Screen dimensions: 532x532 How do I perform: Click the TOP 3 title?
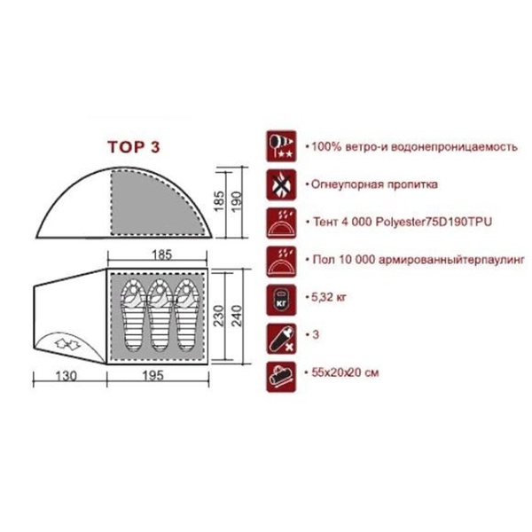134,147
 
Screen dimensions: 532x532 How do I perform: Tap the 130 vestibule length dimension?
66,376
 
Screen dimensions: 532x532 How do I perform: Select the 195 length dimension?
153,376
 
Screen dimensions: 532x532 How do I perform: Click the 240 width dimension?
237,316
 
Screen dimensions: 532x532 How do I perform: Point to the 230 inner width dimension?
219,316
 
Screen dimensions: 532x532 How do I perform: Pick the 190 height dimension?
237,201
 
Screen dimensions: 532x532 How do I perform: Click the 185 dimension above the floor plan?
162,254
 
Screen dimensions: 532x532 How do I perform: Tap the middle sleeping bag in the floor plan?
160,316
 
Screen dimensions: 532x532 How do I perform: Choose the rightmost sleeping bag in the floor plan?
186,316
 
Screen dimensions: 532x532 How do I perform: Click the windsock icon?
281,146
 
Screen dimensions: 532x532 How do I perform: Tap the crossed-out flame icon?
281,184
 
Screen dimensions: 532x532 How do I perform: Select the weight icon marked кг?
281,300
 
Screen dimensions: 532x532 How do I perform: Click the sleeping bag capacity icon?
281,339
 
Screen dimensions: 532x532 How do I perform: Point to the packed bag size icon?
281,377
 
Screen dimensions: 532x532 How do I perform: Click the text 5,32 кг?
329,298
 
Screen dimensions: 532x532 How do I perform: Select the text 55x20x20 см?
345,373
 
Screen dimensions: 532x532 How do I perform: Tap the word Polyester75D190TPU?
434,223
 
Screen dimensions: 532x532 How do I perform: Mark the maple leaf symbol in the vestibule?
67,345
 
